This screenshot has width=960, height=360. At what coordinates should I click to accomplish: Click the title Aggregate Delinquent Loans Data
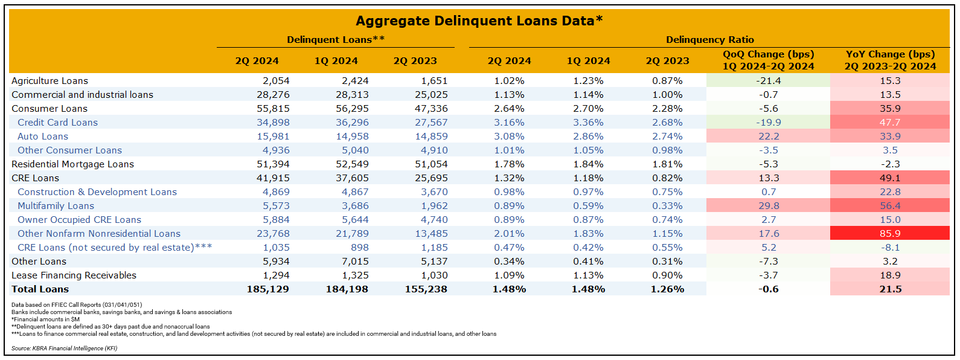click(479, 21)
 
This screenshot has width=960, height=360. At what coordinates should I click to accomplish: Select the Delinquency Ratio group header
click(709, 40)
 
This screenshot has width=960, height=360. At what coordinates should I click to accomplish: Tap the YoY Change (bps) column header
click(890, 60)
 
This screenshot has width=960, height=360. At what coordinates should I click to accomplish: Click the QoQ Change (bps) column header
click(768, 60)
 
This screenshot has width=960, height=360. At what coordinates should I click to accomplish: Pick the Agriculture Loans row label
click(50, 81)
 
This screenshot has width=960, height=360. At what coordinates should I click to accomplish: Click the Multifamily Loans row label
click(56, 206)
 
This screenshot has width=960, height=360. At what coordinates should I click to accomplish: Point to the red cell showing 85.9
click(890, 234)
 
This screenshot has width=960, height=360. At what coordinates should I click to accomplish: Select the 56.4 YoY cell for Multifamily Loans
click(890, 206)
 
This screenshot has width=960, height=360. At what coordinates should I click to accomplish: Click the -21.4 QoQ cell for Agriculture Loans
click(768, 81)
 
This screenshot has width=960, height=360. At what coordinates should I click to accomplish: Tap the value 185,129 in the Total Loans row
click(267, 289)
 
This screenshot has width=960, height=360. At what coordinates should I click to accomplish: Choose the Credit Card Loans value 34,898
click(273, 123)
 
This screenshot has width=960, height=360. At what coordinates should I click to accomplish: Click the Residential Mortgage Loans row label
click(72, 164)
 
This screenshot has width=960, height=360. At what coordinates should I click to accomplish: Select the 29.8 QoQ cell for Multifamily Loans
click(768, 206)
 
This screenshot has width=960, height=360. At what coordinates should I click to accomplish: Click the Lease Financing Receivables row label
click(74, 275)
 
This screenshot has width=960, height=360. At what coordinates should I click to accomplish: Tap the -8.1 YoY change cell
click(890, 248)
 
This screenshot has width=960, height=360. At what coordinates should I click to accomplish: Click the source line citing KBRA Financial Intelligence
click(64, 349)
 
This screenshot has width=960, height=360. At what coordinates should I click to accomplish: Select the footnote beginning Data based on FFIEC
click(77, 305)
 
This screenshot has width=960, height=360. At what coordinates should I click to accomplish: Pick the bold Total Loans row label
click(40, 289)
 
